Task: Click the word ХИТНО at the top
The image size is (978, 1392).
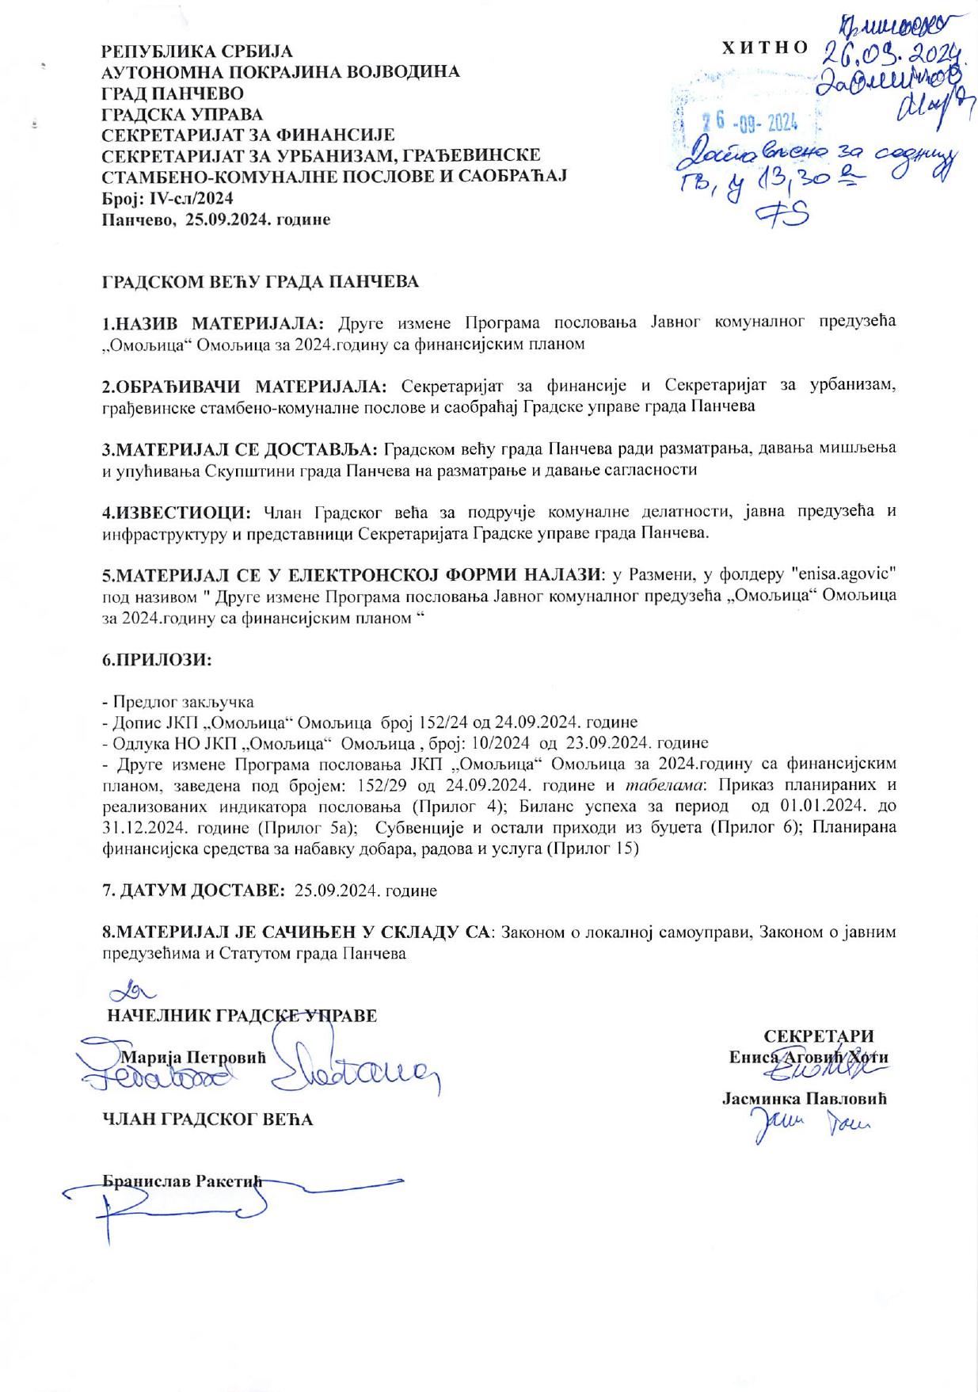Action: [764, 48]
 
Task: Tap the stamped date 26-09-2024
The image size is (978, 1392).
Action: [750, 123]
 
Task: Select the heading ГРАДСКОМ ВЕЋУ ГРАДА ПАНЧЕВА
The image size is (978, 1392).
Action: [261, 281]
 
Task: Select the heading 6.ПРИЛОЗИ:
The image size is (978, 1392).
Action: [158, 659]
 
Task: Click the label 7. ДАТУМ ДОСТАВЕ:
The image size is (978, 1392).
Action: [194, 890]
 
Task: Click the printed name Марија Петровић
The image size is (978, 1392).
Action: [192, 1056]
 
